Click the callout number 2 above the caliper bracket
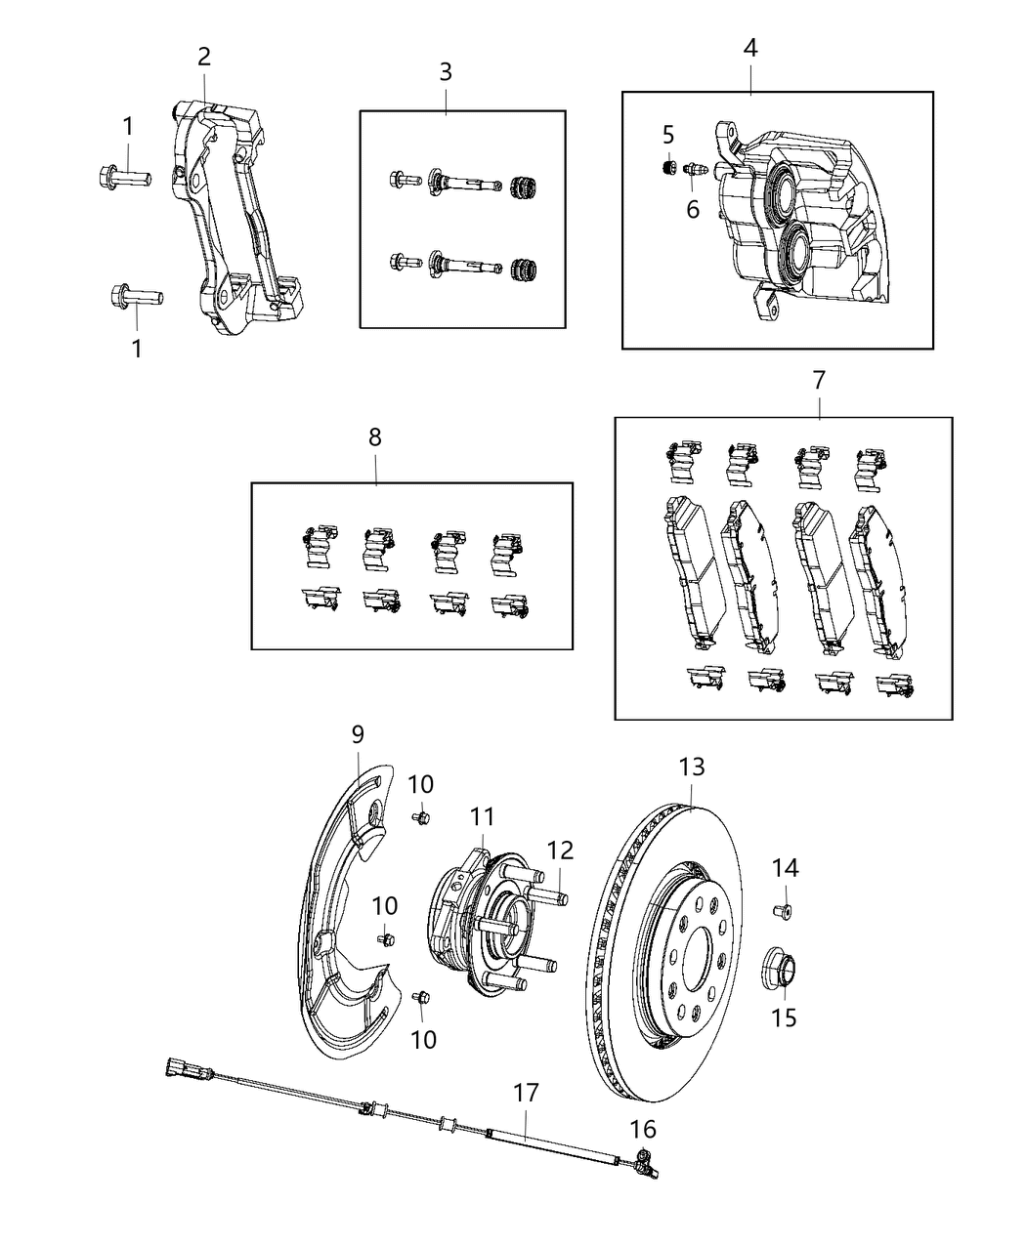203,57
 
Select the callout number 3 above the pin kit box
446,71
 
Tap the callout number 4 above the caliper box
750,48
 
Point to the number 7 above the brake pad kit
819,380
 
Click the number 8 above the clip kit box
375,438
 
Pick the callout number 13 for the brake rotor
692,768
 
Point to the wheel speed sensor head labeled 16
643,1159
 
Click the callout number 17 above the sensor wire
526,1093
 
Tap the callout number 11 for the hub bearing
482,816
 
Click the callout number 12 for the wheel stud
559,851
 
